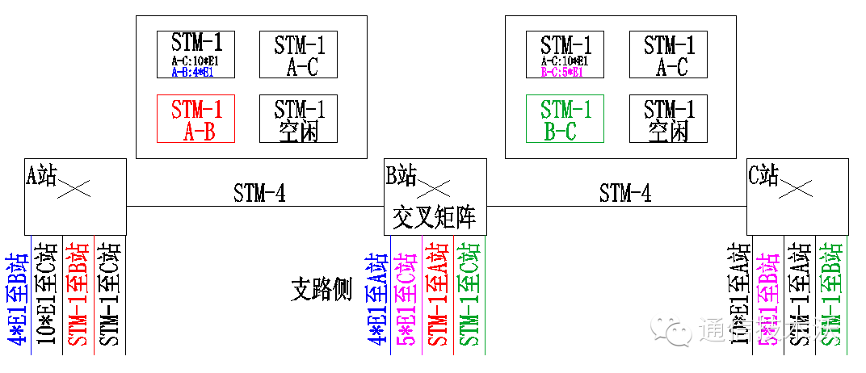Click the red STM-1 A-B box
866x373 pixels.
[x=195, y=119]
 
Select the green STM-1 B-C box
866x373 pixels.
[x=565, y=119]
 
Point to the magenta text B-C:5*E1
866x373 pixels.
[x=561, y=72]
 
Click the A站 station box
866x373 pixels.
[x=75, y=196]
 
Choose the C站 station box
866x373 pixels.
[x=797, y=196]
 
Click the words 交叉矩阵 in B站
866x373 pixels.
[x=435, y=217]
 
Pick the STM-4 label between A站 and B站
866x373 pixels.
[x=259, y=194]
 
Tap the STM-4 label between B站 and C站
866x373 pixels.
[x=624, y=194]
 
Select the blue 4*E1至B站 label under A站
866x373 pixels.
[x=16, y=298]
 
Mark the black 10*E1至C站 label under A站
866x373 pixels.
[x=47, y=296]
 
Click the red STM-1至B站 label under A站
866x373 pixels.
[x=78, y=296]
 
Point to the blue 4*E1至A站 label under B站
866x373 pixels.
[x=376, y=298]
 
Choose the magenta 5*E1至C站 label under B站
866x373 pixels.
[x=406, y=298]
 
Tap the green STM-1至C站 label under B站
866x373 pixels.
[x=469, y=298]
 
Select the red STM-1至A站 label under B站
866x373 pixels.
[x=438, y=298]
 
